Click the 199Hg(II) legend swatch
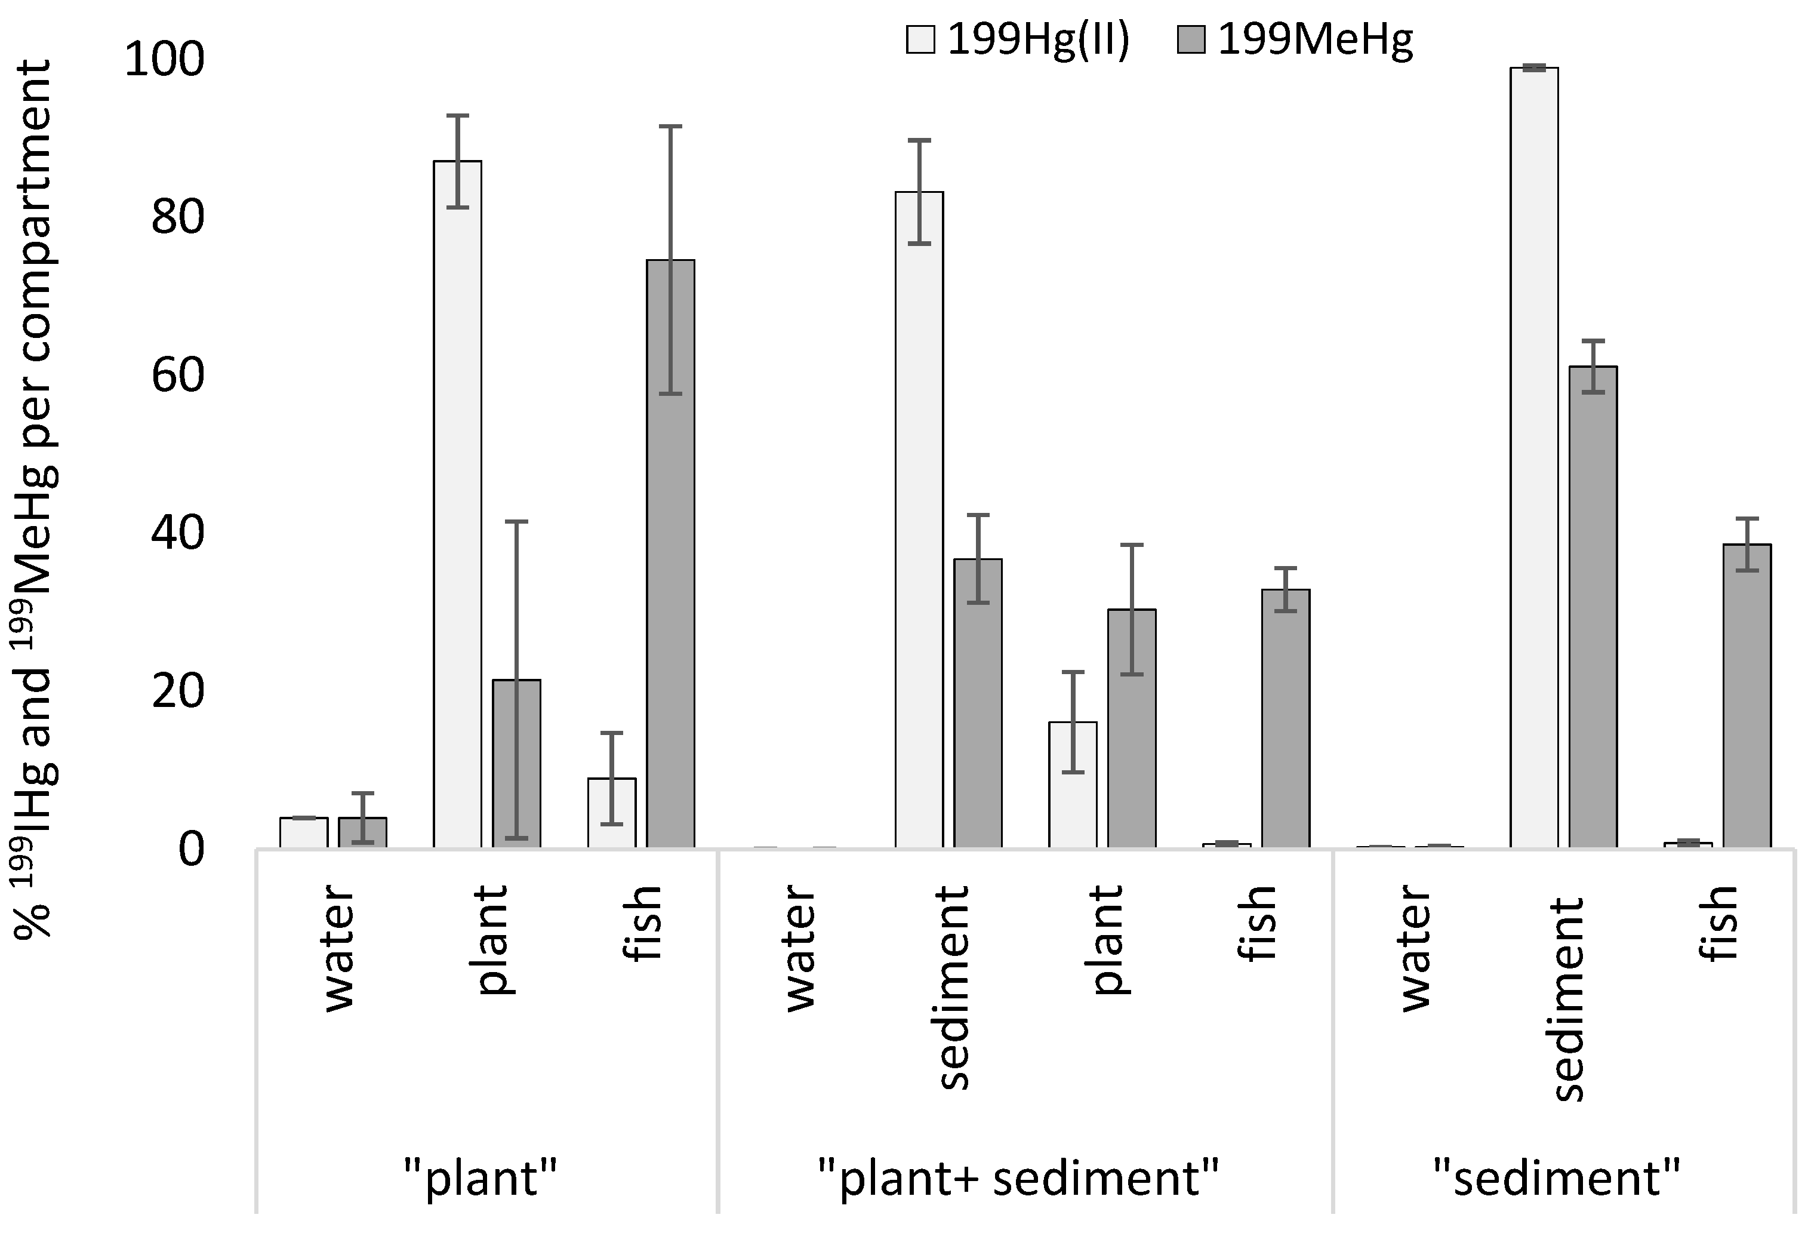click(920, 39)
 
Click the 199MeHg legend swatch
click(1191, 39)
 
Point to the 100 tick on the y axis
click(164, 59)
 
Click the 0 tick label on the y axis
click(192, 849)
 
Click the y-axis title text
click(33, 498)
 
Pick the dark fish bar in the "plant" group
click(670, 553)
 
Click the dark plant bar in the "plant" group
click(516, 763)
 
